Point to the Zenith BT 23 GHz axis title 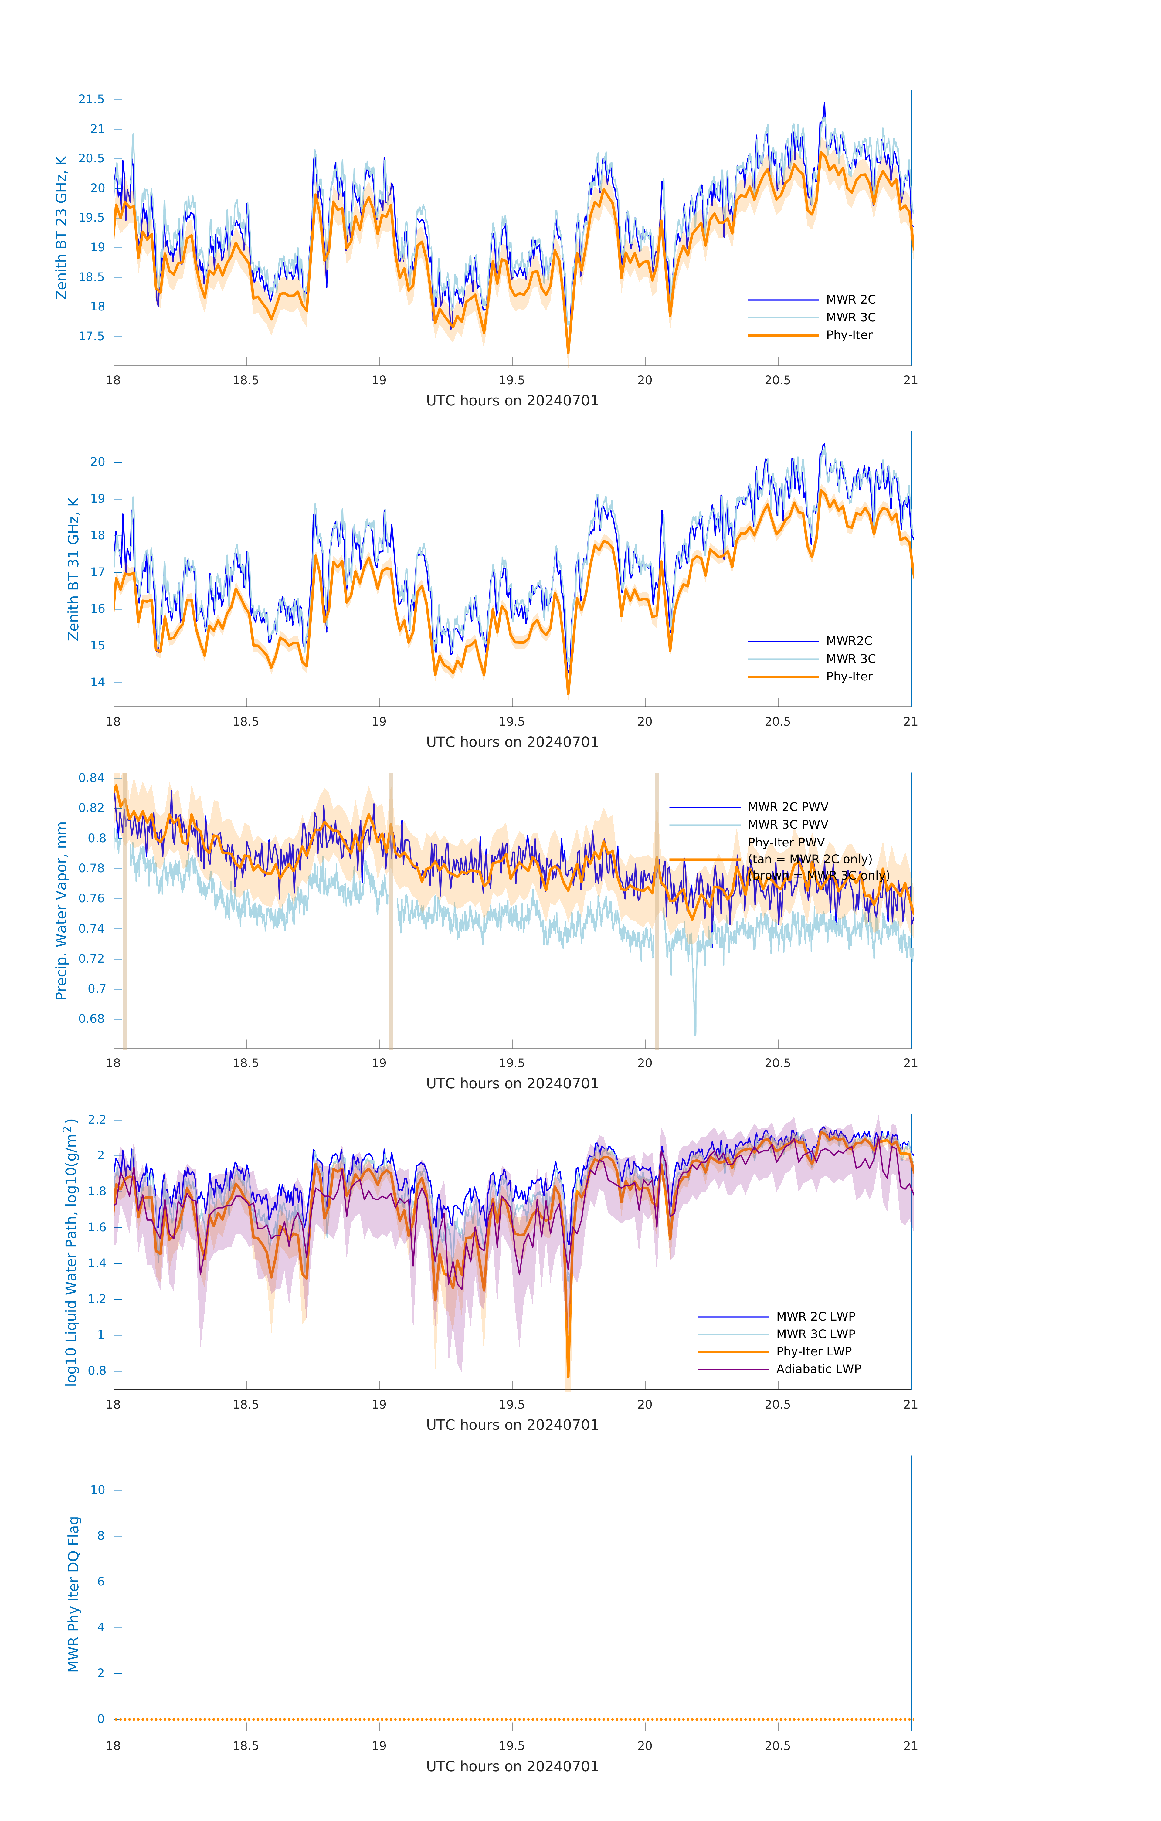click(x=61, y=228)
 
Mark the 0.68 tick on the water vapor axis click(x=92, y=1019)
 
